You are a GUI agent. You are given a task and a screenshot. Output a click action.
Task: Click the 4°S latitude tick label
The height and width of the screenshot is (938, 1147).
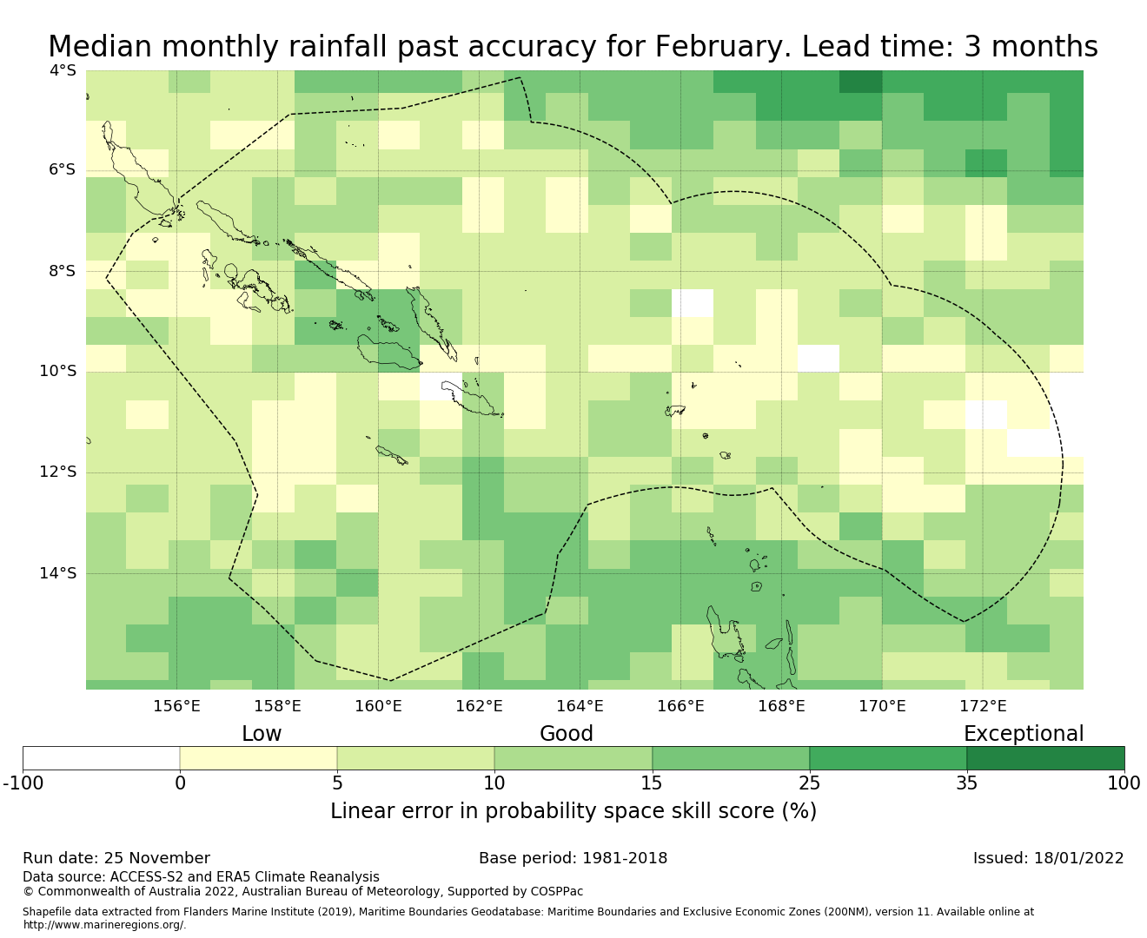pos(63,70)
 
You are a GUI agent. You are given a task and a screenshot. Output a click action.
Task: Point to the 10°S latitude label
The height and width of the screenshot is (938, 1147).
pos(58,372)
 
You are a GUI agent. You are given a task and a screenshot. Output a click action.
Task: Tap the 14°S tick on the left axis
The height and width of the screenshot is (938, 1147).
pos(58,573)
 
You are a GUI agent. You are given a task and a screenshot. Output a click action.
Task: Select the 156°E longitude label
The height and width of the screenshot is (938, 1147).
pos(176,707)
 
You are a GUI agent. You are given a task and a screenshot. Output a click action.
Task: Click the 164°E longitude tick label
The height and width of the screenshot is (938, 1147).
pos(580,707)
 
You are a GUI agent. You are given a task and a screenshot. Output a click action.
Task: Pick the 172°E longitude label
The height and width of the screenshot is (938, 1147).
pos(983,707)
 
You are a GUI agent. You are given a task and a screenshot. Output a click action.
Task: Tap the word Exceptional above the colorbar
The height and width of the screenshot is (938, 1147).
pos(1024,734)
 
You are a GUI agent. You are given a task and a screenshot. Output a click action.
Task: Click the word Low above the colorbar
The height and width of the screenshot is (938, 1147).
pos(262,734)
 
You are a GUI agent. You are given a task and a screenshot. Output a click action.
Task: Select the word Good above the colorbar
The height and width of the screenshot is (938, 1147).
pos(567,734)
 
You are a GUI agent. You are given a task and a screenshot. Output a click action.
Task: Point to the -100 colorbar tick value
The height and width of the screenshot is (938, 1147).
pos(23,783)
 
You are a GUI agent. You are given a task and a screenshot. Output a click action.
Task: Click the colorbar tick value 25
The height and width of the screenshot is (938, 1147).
pos(809,783)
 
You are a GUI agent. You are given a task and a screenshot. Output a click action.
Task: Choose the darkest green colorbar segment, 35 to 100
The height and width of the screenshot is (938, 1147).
pos(1045,758)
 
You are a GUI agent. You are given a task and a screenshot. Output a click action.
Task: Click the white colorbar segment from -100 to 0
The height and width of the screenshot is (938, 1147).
pos(101,758)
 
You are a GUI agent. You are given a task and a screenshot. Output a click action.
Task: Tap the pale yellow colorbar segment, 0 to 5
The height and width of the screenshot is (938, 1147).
pos(258,758)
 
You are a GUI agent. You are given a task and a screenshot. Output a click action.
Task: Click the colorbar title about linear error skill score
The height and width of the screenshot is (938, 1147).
pos(573,811)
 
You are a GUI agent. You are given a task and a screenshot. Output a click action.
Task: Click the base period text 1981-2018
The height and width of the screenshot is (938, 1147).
pos(625,859)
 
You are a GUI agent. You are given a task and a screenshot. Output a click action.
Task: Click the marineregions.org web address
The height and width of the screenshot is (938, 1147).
pos(104,925)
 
